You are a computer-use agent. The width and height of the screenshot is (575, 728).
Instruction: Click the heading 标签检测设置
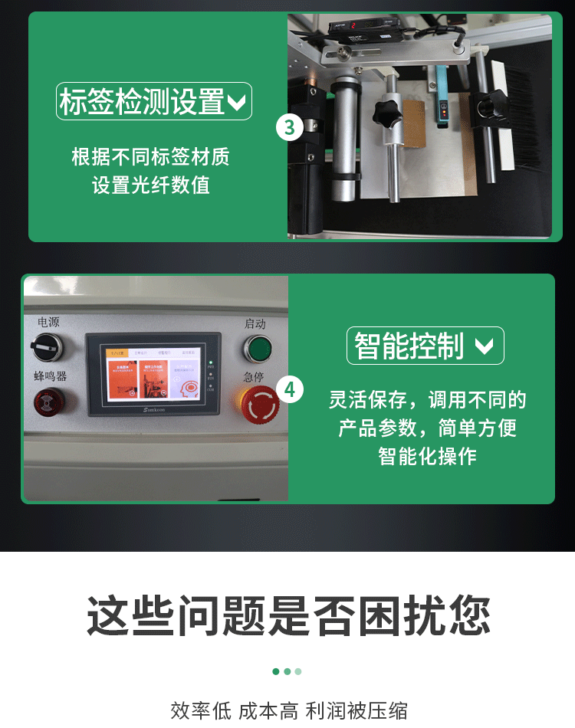click(x=143, y=101)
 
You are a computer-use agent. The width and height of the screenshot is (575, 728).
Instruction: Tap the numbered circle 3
click(x=289, y=126)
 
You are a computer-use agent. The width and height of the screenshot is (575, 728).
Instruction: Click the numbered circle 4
click(x=289, y=389)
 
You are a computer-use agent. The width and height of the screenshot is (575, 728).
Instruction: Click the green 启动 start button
click(x=258, y=349)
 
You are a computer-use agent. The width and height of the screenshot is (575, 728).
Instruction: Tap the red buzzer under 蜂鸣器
click(x=49, y=401)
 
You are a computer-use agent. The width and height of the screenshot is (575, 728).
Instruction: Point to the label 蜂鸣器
click(x=50, y=376)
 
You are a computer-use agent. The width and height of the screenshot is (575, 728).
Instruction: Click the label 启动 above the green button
click(x=255, y=323)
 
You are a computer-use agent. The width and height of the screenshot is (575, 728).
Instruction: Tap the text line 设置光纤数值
click(x=151, y=185)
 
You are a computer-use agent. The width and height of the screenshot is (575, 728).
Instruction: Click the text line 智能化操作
click(x=427, y=456)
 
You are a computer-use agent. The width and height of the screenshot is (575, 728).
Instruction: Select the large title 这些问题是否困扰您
click(x=287, y=615)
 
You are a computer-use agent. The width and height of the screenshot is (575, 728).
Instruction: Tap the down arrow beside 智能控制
click(x=484, y=346)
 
